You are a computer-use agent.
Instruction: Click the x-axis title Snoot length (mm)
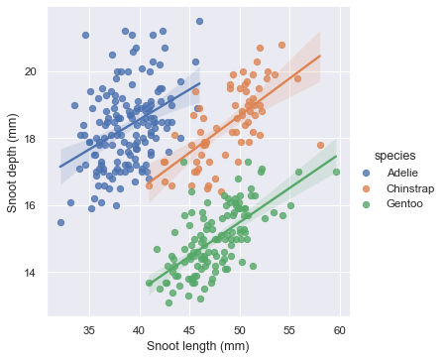click(x=198, y=346)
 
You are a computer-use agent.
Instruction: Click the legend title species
click(x=387, y=156)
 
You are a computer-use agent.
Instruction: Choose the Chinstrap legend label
click(x=408, y=188)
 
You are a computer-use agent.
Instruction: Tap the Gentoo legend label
click(x=402, y=203)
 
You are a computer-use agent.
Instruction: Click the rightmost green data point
click(x=337, y=172)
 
